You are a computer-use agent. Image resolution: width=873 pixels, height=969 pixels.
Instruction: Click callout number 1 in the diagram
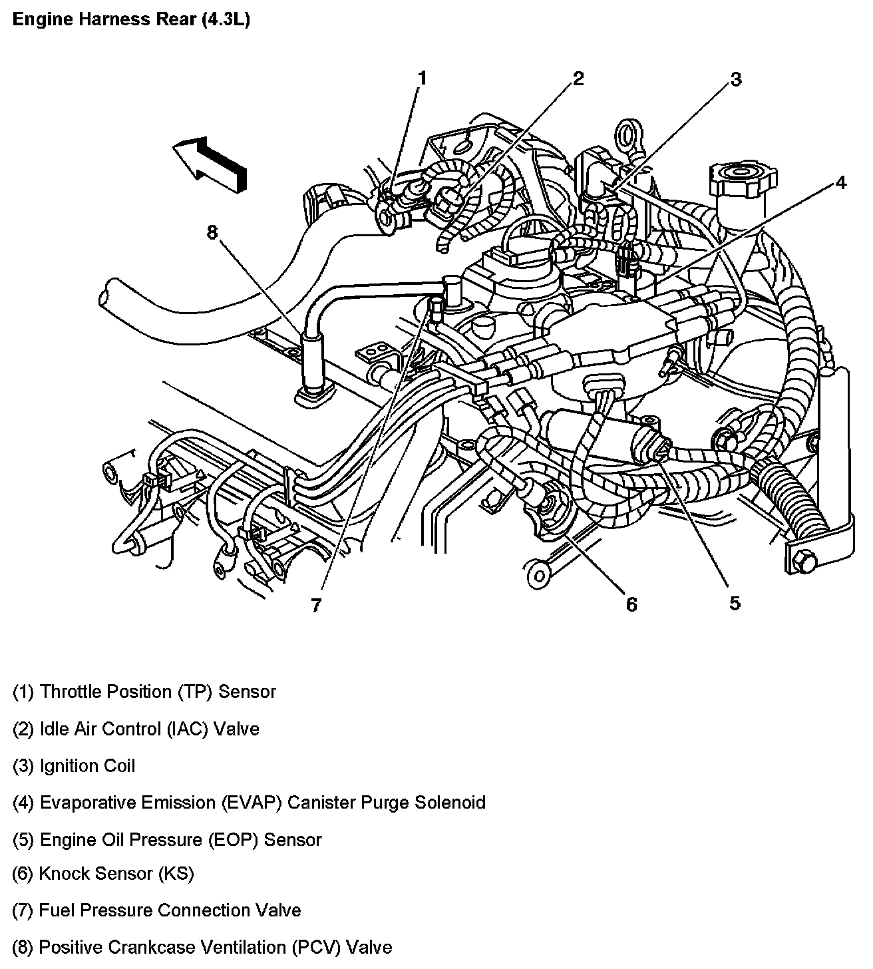pos(422,79)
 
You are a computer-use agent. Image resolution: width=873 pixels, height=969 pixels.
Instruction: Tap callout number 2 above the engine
pos(578,79)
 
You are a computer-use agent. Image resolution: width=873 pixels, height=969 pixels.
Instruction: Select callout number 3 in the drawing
pos(735,79)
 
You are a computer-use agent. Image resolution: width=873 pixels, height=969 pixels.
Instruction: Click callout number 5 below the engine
pos(735,603)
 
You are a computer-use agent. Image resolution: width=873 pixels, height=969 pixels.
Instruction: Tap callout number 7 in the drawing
pos(316,605)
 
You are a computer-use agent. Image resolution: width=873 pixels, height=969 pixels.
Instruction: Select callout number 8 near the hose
pos(212,232)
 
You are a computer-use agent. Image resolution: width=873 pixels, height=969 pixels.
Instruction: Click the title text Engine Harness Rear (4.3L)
pos(131,20)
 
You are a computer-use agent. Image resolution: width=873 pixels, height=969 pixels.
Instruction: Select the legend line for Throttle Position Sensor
pos(144,691)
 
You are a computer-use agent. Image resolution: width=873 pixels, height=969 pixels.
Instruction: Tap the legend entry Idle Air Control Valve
pos(136,729)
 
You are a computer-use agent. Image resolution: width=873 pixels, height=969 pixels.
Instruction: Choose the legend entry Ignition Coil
pos(74,765)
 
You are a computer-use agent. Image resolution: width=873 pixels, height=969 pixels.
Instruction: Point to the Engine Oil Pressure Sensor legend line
pos(166,839)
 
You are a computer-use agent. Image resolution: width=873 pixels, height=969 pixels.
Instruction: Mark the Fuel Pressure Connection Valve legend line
pos(156,910)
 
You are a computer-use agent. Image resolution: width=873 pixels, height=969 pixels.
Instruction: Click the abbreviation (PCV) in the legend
pos(316,947)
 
